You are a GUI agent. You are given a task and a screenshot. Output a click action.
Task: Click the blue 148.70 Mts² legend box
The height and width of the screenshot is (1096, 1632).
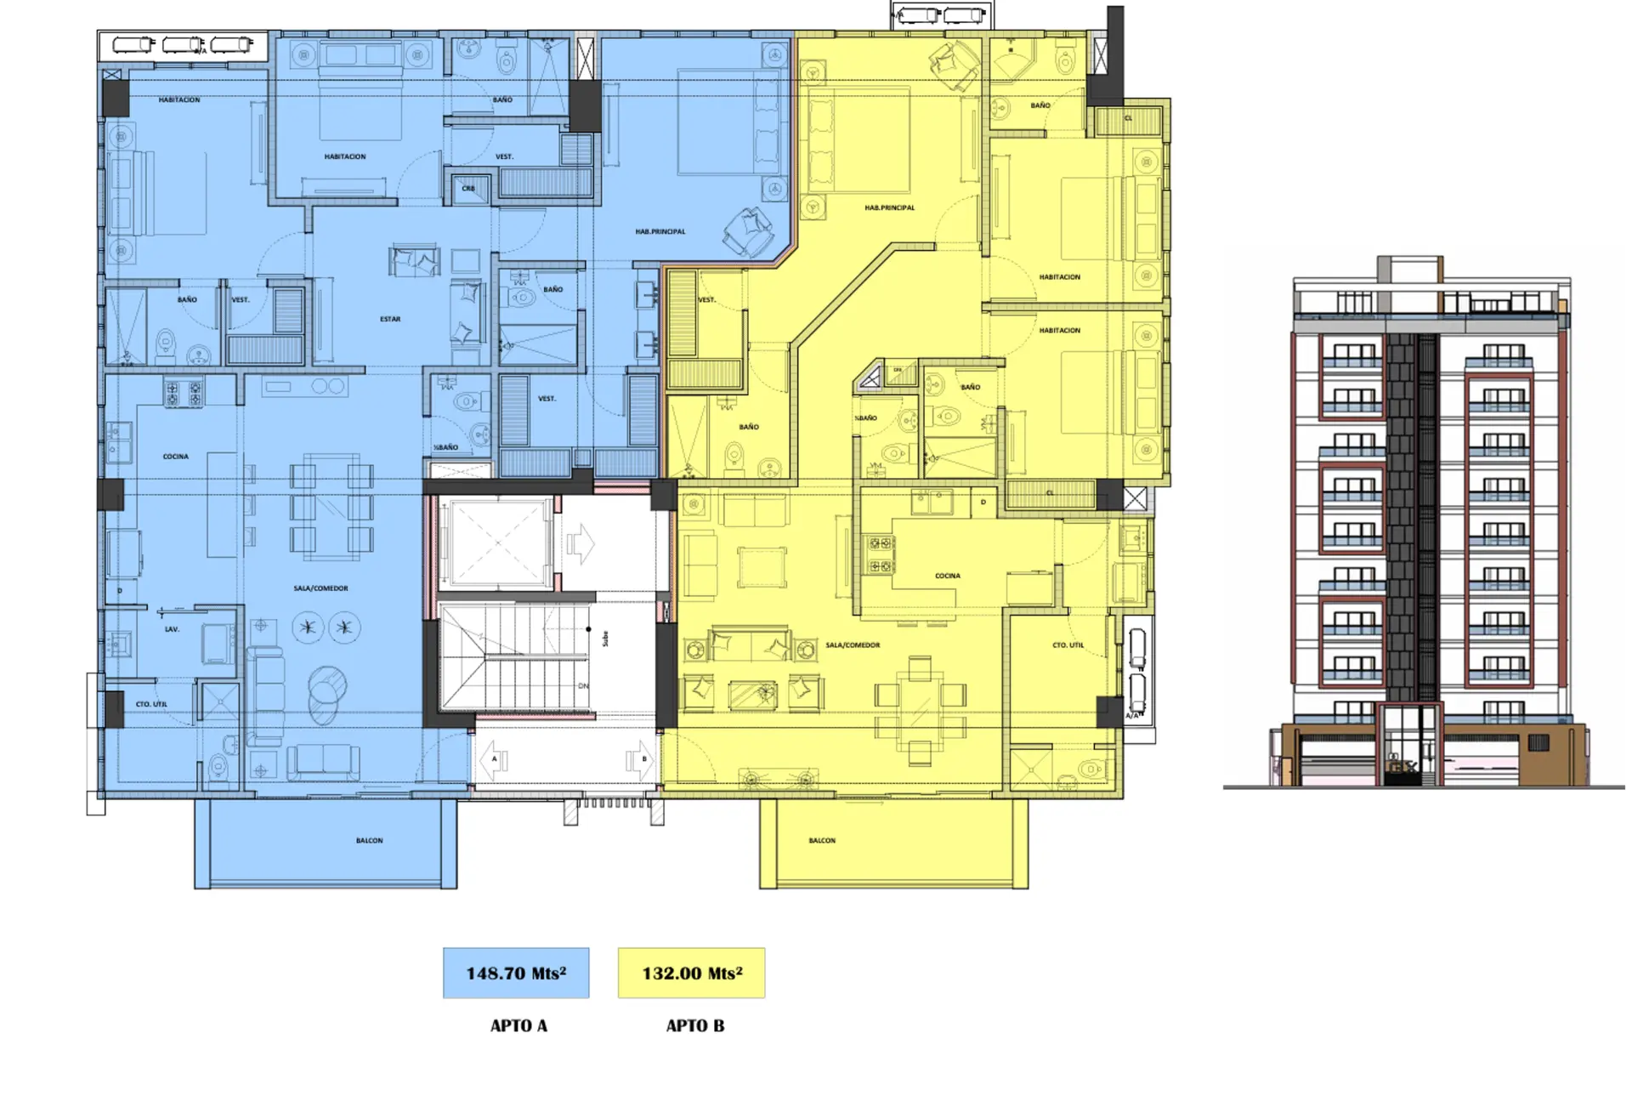pos(516,973)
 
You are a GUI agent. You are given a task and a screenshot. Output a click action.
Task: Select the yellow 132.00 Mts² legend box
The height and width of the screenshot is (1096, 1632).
pos(691,973)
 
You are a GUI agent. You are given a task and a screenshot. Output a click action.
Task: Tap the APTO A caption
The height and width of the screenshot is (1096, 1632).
pos(518,1025)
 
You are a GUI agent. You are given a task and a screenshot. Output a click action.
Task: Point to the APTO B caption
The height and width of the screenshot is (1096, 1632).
pos(695,1025)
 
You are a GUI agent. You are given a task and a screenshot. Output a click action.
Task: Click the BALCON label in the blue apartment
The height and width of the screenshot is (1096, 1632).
pos(369,841)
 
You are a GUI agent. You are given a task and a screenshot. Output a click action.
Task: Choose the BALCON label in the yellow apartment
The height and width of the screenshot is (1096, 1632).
pos(822,841)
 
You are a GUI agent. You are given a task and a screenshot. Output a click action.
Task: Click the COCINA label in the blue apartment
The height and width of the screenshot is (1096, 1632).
pos(176,457)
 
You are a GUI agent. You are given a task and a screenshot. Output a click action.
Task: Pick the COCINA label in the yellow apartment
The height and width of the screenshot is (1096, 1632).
pos(948,576)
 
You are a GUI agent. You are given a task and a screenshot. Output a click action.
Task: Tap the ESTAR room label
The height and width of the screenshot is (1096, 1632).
pos(390,319)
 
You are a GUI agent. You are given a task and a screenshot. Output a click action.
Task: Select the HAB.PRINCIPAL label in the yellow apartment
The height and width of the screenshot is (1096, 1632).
pos(889,207)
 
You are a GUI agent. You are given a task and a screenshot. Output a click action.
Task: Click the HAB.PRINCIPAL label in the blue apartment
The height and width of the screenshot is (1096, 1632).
pos(660,231)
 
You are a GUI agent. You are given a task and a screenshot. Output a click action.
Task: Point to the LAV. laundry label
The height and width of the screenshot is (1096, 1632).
pos(172,629)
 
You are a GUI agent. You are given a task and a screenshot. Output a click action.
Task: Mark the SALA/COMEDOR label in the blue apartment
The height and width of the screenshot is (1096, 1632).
pos(320,588)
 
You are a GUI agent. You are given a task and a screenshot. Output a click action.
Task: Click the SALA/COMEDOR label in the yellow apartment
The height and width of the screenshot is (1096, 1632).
pos(853,645)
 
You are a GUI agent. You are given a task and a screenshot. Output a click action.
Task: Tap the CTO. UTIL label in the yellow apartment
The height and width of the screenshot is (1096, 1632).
pos(1068,645)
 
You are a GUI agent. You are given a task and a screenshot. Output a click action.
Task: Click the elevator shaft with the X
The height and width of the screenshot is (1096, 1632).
pos(496,544)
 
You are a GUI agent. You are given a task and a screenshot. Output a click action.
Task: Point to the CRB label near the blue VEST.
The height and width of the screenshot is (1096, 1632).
pos(468,189)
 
